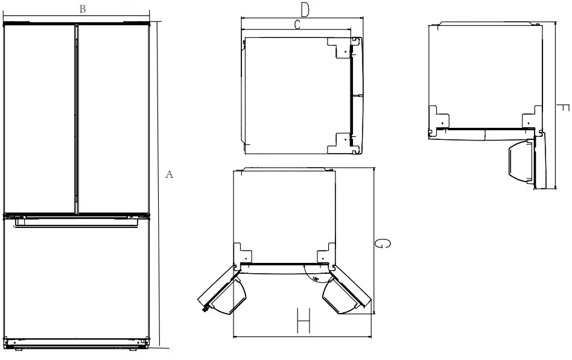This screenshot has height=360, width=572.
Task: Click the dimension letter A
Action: [170, 175]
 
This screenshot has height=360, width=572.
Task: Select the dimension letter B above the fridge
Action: [82, 8]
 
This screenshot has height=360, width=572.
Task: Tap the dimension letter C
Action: [297, 24]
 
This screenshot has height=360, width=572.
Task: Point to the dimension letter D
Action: [305, 9]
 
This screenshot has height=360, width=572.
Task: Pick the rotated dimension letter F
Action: [561, 109]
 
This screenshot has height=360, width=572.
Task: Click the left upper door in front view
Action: [39, 118]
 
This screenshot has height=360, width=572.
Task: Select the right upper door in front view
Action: [113, 118]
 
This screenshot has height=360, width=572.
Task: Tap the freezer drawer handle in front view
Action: [76, 223]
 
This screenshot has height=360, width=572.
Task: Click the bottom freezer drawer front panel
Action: [76, 280]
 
